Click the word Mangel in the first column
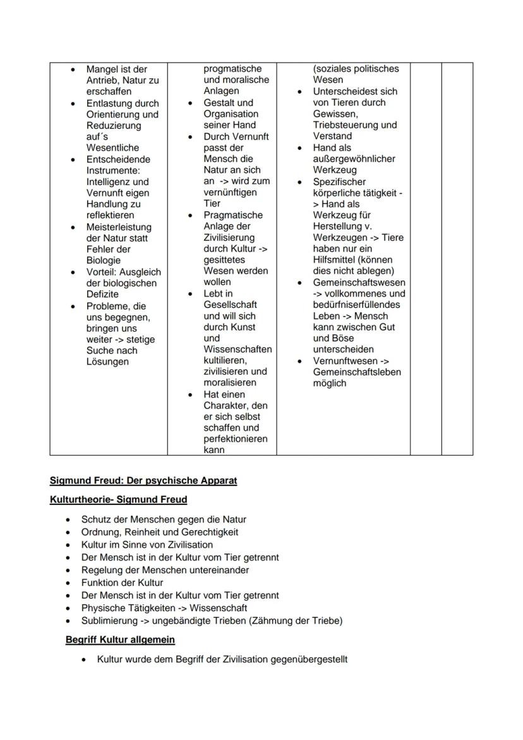click(102, 69)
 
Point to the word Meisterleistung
click(119, 227)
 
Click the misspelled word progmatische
click(232, 68)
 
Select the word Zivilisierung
click(229, 238)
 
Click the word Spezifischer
click(339, 181)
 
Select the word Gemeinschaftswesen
click(359, 282)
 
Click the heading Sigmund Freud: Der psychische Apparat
click(143, 480)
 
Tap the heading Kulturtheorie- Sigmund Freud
click(118, 500)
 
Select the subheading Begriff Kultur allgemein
click(120, 640)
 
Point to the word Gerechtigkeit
click(205, 532)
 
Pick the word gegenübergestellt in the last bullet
click(309, 659)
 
